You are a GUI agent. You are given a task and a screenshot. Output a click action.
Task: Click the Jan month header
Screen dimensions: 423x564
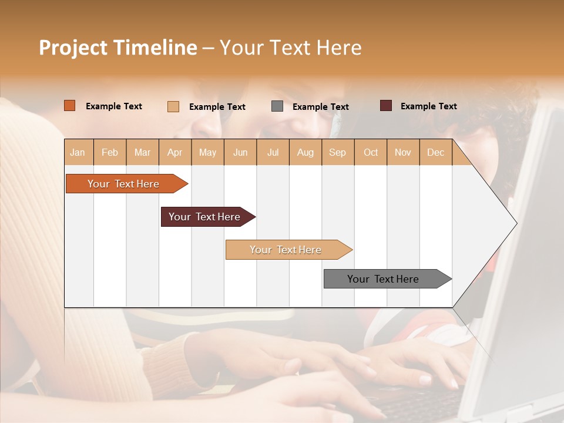[x=78, y=152]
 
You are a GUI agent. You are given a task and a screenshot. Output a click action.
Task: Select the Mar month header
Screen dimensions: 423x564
[x=142, y=152]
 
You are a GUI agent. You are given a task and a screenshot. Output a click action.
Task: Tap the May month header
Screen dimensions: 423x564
[x=207, y=152]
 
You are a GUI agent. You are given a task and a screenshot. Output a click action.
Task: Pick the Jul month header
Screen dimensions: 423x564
[x=273, y=152]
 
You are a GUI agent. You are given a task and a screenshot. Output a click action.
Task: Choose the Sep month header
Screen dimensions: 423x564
[x=337, y=152]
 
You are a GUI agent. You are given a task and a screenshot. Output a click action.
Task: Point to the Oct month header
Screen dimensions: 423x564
[x=371, y=152]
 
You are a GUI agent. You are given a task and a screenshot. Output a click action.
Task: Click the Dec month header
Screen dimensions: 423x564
[x=435, y=152]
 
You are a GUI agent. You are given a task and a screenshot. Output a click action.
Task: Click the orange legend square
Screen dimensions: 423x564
[x=70, y=106]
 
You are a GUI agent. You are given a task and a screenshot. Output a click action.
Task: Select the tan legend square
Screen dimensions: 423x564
[x=173, y=106]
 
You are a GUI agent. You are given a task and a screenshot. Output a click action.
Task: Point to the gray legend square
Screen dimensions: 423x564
[x=277, y=106]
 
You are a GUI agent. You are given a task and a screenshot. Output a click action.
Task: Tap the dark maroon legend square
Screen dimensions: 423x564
[x=385, y=106]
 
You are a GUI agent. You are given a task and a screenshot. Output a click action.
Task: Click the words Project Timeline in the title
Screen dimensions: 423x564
[x=118, y=48]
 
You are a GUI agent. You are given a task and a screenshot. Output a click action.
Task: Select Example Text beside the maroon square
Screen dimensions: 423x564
[x=428, y=106]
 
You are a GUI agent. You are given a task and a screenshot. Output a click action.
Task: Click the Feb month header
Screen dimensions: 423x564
[x=110, y=152]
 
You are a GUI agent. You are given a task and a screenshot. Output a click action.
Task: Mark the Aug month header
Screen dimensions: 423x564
[x=305, y=152]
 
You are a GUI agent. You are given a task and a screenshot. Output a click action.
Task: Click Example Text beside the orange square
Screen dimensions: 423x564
[x=114, y=106]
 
